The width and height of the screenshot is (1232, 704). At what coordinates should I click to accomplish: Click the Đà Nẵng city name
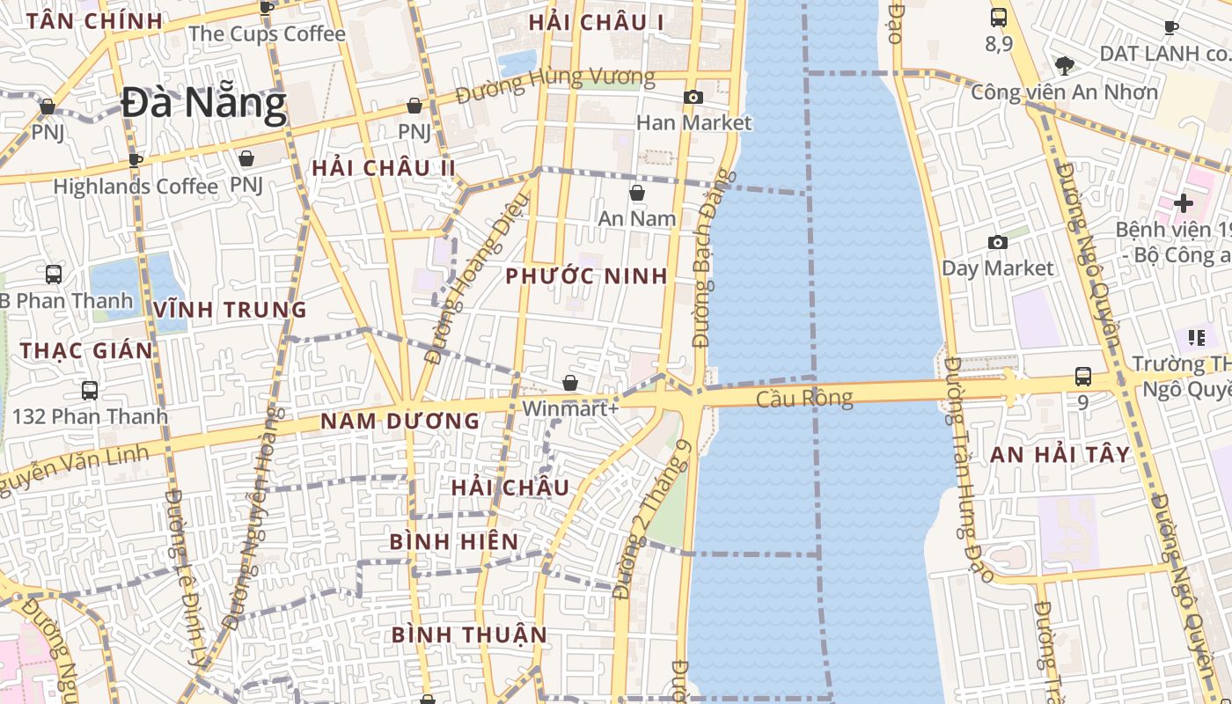tap(204, 104)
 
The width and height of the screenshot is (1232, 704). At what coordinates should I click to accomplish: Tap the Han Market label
tap(693, 122)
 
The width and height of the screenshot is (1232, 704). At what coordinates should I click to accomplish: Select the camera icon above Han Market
tap(693, 97)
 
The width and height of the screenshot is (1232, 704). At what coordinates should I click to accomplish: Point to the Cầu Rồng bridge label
tap(804, 399)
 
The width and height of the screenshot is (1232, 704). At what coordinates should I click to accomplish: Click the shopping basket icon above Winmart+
tap(570, 383)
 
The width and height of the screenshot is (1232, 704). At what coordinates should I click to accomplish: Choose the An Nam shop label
tap(637, 217)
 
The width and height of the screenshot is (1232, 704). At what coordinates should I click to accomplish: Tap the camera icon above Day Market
tap(998, 242)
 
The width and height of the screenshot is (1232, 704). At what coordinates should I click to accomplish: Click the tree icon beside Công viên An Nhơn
tap(1064, 65)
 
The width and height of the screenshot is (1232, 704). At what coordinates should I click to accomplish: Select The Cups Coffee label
tap(267, 33)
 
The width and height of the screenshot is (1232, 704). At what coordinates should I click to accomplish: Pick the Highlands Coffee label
tap(136, 187)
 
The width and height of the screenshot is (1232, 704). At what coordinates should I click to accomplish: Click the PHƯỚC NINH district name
tap(586, 276)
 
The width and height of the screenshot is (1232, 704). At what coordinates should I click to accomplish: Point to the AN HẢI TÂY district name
tap(1060, 455)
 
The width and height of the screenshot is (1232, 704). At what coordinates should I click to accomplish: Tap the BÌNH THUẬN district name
tap(469, 634)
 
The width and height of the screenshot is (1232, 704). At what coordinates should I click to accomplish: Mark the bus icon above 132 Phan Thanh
tap(89, 390)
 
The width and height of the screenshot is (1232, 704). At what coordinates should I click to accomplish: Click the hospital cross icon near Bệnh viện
tap(1184, 203)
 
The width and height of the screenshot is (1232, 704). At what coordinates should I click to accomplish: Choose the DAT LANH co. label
tap(1163, 53)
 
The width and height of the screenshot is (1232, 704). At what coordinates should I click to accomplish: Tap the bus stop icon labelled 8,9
tap(999, 17)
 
